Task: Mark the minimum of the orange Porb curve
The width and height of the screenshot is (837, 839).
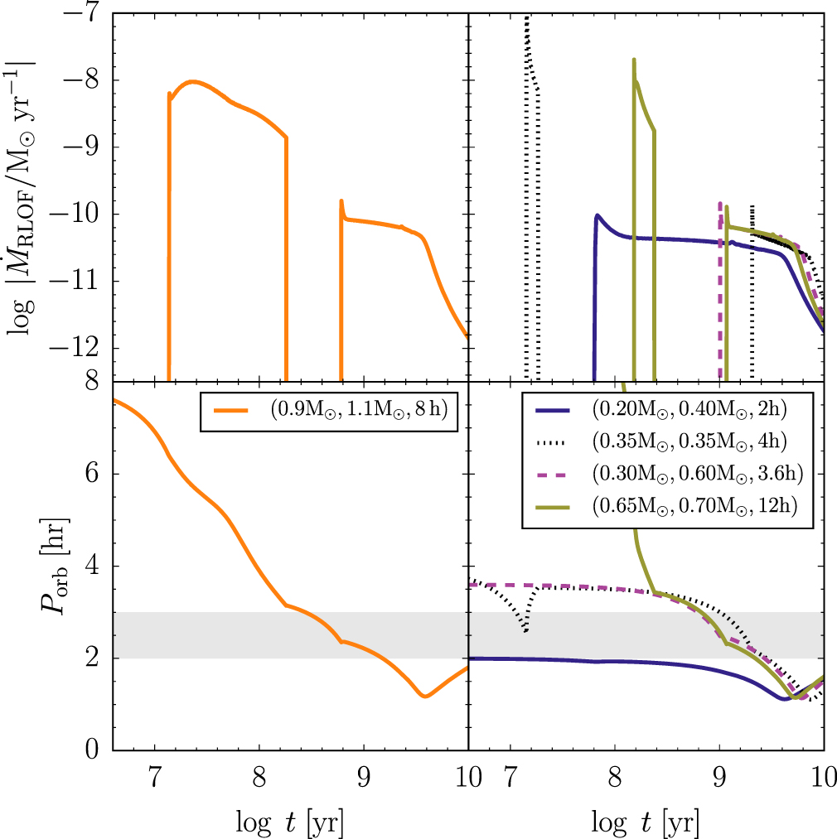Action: tap(425, 696)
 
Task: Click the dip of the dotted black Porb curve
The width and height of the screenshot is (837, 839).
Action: tap(525, 632)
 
